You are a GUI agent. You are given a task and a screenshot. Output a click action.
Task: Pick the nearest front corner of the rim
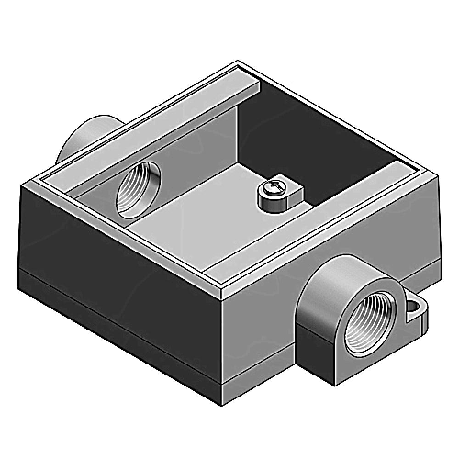(221, 294)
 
